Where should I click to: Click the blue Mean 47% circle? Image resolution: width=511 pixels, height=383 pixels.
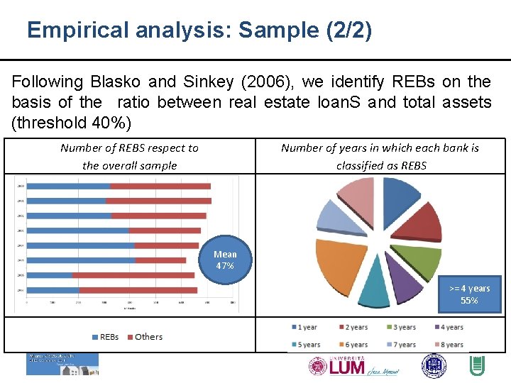point(225,260)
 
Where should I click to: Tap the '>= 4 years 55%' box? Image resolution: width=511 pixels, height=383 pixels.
point(469,294)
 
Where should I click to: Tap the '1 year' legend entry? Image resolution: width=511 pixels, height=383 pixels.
point(303,328)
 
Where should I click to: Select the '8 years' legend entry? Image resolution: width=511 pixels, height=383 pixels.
point(449,345)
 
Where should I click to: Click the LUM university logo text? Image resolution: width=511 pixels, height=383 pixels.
point(347,367)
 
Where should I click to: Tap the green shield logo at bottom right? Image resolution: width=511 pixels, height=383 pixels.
point(477,366)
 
